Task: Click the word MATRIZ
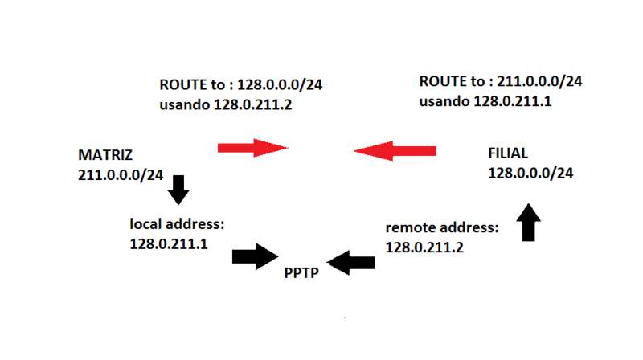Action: coord(104,155)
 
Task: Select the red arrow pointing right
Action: coord(252,147)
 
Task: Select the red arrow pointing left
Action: coord(394,150)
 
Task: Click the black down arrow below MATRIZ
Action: coord(178,190)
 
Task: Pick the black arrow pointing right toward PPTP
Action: coord(253,256)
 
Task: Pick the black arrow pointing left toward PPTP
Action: coord(351,261)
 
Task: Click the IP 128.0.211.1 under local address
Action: coord(169,242)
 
